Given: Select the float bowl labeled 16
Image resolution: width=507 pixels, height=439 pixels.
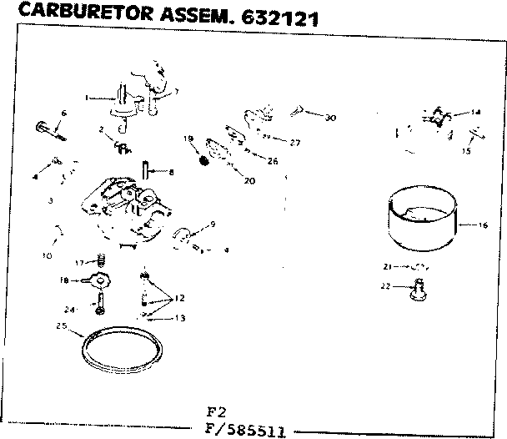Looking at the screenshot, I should pos(423,220).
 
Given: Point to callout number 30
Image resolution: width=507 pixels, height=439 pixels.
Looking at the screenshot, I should pos(330,119).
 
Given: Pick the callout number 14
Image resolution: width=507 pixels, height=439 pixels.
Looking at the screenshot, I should pos(476,112).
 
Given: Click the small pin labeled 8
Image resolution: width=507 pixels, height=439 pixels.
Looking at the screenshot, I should pos(147,170).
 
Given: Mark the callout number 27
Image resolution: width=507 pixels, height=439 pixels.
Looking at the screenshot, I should pos(294,142).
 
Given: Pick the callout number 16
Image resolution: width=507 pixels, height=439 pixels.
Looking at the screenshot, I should pos(483,225).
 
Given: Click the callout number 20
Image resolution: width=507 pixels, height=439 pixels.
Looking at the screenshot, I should pos(250,180).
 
